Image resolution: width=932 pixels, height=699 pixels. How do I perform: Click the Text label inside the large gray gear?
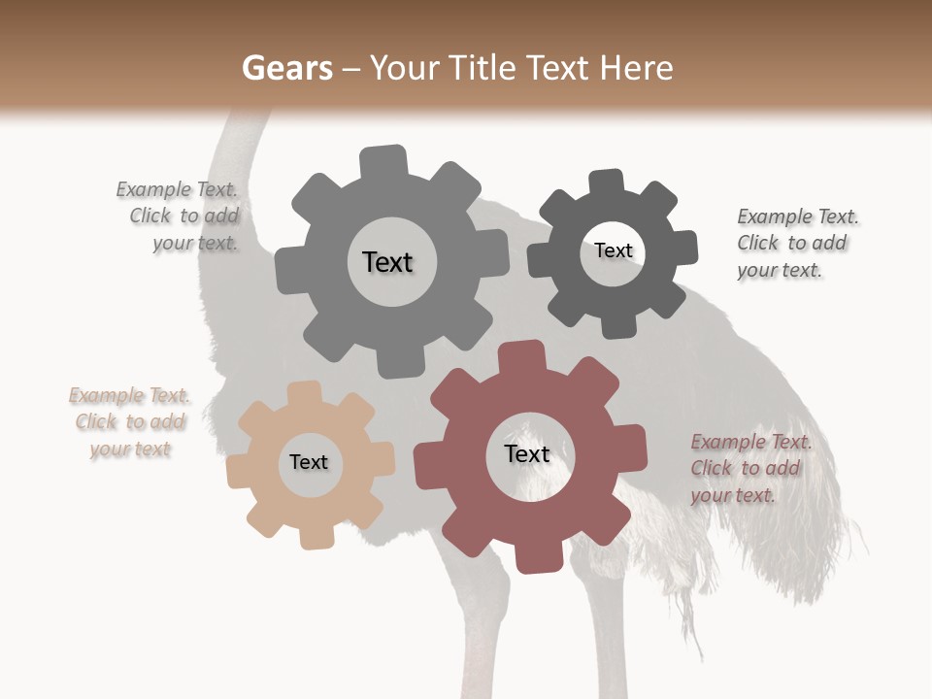coord(387,262)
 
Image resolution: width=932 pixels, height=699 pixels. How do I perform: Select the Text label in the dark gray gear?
coord(613,250)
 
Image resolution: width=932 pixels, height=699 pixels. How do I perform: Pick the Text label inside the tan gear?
coord(309,462)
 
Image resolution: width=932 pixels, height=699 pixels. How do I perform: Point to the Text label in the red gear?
coord(527,453)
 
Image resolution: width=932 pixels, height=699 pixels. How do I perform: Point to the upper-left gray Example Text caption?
coord(180,216)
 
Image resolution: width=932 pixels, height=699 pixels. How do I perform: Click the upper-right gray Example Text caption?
coord(796,244)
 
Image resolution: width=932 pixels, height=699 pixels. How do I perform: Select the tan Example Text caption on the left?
coord(129,422)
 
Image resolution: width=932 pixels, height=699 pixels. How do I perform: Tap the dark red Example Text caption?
coord(749,469)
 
